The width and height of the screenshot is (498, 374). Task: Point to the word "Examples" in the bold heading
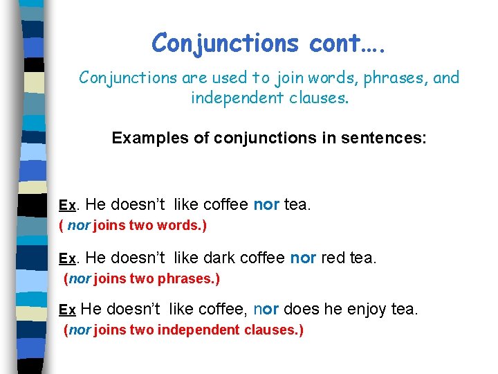(x=149, y=138)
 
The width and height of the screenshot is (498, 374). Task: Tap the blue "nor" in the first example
(x=266, y=204)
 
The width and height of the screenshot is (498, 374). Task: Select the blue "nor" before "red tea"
(x=303, y=258)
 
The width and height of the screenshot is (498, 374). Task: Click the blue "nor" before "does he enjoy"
(x=267, y=309)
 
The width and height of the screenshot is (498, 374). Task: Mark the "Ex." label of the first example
(x=69, y=206)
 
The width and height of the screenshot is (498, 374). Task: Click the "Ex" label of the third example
(x=67, y=310)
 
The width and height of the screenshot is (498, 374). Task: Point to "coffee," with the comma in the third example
(x=225, y=309)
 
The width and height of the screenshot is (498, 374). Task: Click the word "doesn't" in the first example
(x=138, y=204)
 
